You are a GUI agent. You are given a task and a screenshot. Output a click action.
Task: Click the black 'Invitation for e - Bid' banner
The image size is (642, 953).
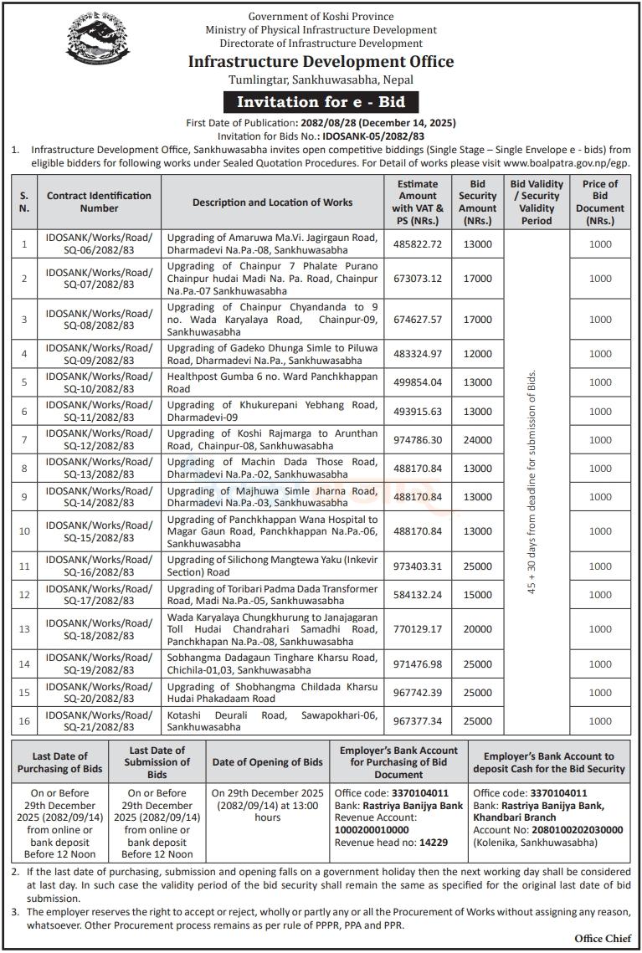pos(321,102)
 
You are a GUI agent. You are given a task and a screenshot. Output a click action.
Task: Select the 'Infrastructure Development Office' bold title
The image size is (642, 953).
pos(321,61)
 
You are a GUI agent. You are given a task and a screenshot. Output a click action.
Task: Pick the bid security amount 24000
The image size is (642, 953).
pos(477,440)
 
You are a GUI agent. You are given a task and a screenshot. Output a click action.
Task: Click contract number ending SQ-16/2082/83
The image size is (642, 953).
pos(100,566)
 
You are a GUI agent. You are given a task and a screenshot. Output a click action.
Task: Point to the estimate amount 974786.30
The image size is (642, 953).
pos(418,440)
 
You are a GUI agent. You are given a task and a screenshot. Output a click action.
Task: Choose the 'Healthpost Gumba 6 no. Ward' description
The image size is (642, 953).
pos(272,382)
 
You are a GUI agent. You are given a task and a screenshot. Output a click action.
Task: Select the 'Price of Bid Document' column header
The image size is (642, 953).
pos(599,202)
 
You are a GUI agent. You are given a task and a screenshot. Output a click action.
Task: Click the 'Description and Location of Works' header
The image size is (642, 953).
pos(272,202)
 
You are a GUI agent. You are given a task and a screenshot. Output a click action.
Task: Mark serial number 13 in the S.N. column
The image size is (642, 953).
pos(24,629)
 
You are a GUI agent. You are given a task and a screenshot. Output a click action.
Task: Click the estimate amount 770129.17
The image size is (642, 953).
pos(418,629)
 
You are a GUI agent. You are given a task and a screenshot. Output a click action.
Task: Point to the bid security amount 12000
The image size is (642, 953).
pos(477,354)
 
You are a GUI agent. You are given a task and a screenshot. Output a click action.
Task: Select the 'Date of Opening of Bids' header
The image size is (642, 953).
pos(267,762)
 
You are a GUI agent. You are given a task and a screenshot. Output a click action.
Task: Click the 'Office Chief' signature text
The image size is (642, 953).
pos(601,939)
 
